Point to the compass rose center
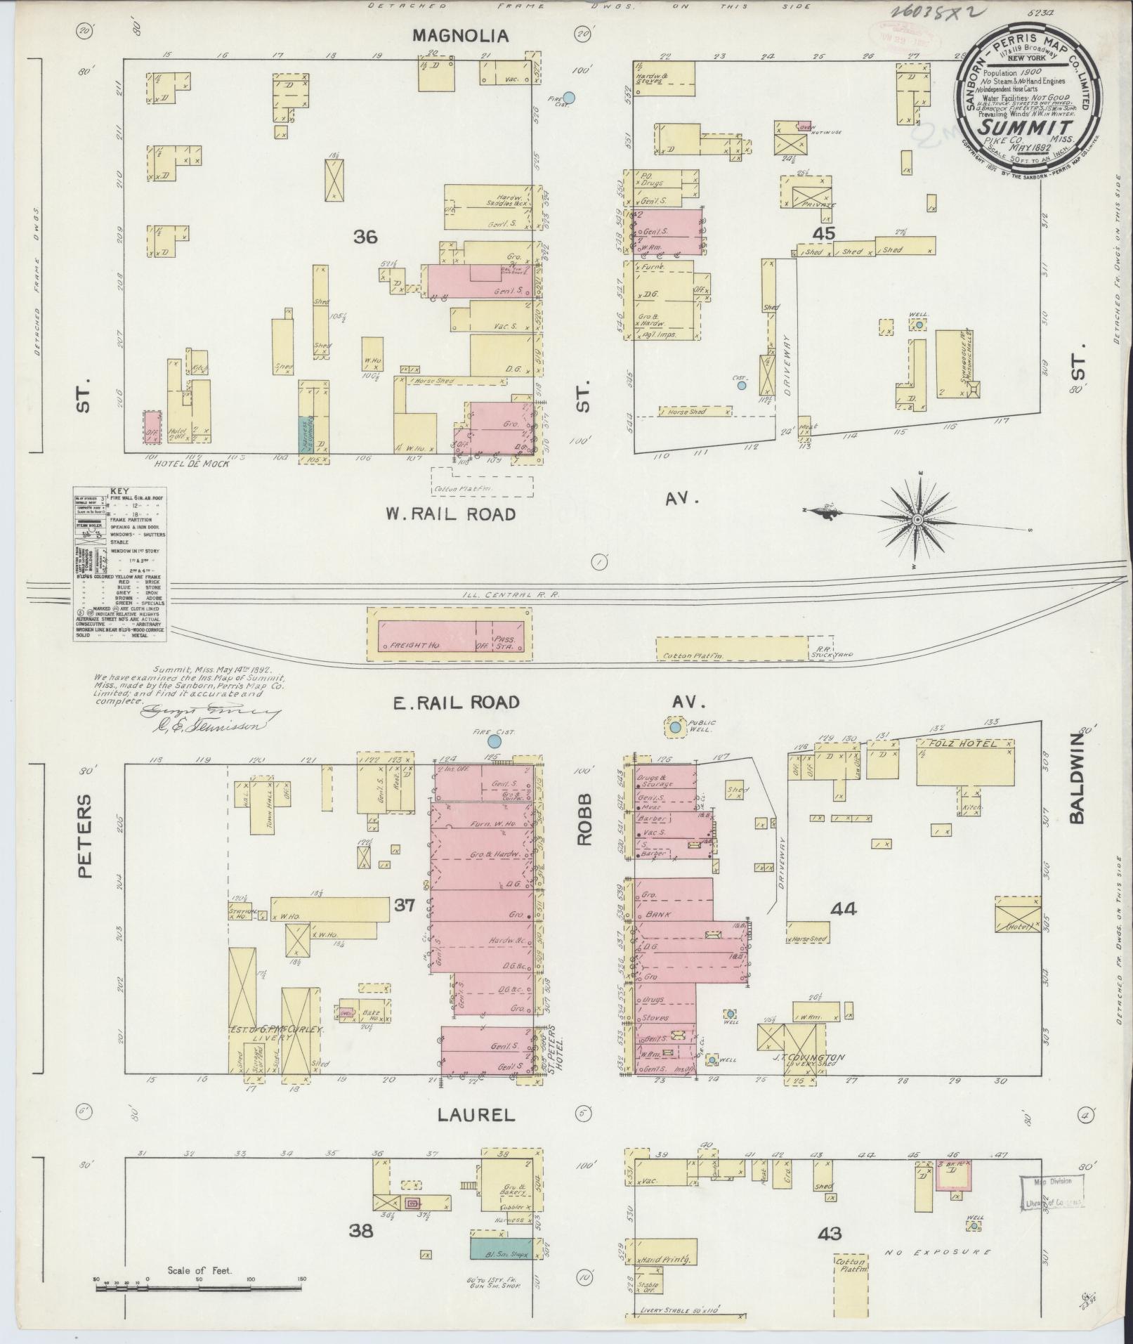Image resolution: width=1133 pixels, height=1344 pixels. [917, 519]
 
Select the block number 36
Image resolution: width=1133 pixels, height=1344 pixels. [365, 237]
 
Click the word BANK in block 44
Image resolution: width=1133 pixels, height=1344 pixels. [658, 915]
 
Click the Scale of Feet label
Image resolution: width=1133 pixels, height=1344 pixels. [199, 1291]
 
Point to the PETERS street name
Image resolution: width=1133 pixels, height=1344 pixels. [84, 836]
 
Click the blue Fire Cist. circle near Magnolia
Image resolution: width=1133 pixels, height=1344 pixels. [570, 98]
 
